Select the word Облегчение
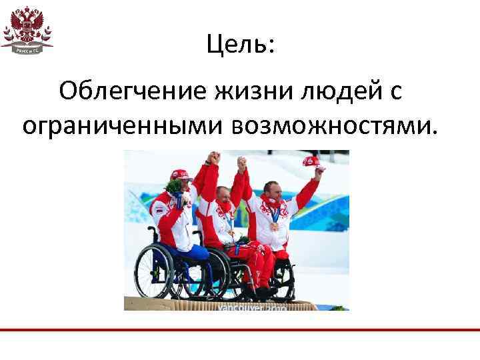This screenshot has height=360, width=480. tap(133, 91)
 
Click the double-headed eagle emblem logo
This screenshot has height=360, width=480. tap(27, 25)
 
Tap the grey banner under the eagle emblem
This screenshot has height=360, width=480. tap(27, 49)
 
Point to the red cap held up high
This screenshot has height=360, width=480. tap(311, 161)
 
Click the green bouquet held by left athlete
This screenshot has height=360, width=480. tap(175, 186)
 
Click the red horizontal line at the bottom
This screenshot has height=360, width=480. tap(240, 330)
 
